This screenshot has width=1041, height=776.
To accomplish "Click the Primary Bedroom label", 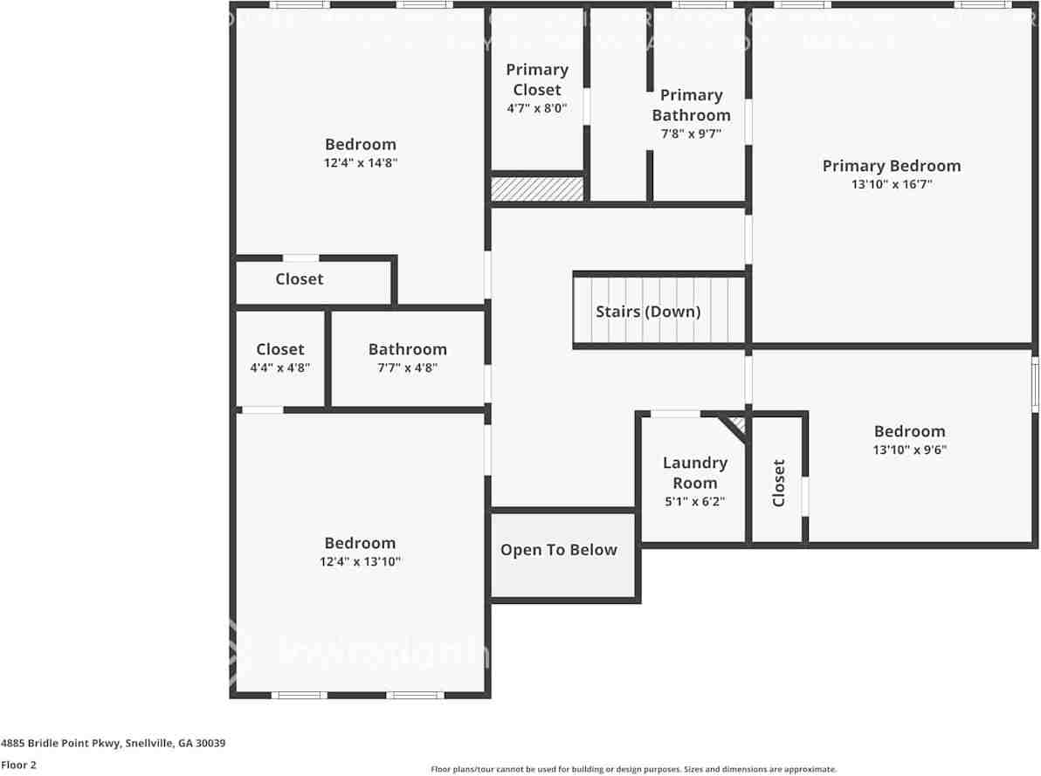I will pyautogui.click(x=891, y=166).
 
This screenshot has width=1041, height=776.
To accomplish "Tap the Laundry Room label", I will pyautogui.click(x=694, y=472).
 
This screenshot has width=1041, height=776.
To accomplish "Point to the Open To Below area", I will pyautogui.click(x=559, y=550).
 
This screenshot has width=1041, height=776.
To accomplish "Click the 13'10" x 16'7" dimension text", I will pyautogui.click(x=891, y=184).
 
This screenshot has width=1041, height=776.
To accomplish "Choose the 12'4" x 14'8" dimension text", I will pyautogui.click(x=361, y=163).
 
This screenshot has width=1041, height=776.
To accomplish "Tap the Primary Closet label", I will pyautogui.click(x=537, y=79).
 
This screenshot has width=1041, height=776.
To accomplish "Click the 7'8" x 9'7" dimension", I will pyautogui.click(x=691, y=134).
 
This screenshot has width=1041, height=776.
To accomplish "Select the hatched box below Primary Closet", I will pyautogui.click(x=537, y=189).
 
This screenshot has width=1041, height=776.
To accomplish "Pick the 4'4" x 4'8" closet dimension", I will pyautogui.click(x=280, y=367).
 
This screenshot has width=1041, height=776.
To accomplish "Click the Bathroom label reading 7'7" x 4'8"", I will pyautogui.click(x=407, y=349).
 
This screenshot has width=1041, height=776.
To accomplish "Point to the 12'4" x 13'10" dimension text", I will pyautogui.click(x=360, y=561).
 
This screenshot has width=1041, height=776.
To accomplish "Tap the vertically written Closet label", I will pyautogui.click(x=779, y=483).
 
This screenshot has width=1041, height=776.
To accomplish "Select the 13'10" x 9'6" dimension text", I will pyautogui.click(x=909, y=450).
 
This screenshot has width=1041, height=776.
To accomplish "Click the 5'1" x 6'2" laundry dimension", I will pyautogui.click(x=694, y=502).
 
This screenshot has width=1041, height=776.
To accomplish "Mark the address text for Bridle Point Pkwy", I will pyautogui.click(x=114, y=744).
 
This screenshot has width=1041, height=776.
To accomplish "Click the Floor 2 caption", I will pyautogui.click(x=18, y=765).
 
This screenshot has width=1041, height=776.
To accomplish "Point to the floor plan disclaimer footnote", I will pyautogui.click(x=633, y=769).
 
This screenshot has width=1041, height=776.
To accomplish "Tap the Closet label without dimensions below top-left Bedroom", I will pyautogui.click(x=300, y=279).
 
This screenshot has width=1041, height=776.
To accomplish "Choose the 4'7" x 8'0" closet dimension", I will pyautogui.click(x=537, y=109).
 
